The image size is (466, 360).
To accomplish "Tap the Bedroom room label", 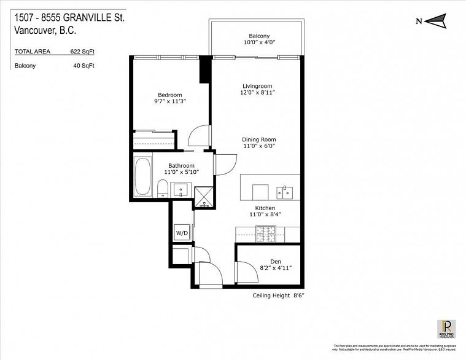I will click(170, 95).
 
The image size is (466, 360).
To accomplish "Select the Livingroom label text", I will click(257, 86).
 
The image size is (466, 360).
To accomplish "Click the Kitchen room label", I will click(257, 208).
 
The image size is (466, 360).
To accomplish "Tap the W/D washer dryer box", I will click(182, 233).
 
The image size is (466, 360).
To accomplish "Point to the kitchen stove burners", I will click(266, 233).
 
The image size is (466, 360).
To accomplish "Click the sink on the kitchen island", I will click(285, 192).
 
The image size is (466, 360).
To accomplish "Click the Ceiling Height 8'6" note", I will click(279, 295).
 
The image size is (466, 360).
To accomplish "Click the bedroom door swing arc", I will click(198, 136).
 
